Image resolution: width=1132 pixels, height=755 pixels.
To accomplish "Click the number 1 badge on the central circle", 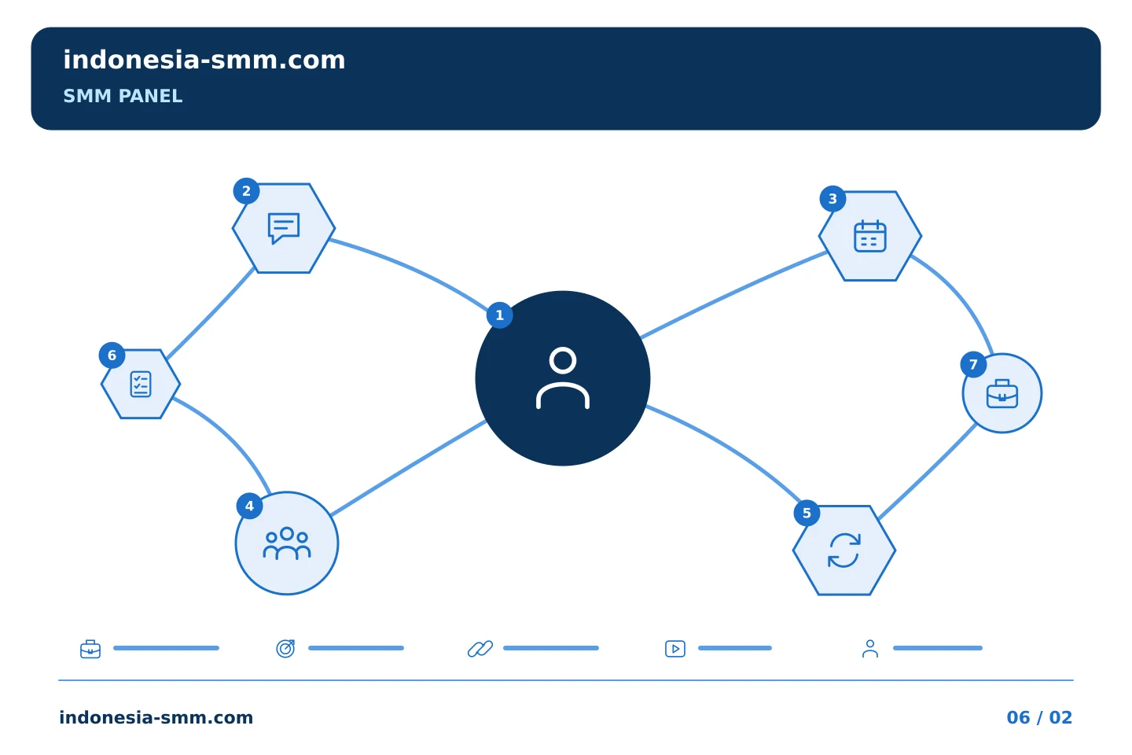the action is [x=499, y=315].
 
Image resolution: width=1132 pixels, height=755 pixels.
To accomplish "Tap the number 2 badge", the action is [x=246, y=191].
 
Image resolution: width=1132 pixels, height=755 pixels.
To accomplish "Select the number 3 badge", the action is [x=832, y=199].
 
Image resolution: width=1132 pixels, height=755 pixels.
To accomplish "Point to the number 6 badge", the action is [x=112, y=355].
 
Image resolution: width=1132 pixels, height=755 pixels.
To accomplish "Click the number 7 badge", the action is [x=973, y=365].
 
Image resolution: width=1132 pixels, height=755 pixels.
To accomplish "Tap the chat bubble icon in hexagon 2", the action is [x=284, y=228].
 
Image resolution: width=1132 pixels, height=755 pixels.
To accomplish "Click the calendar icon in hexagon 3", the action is [x=869, y=236].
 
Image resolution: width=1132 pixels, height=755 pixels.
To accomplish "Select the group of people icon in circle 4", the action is [x=286, y=543].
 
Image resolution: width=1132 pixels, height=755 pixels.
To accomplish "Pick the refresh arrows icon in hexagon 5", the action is [x=844, y=551].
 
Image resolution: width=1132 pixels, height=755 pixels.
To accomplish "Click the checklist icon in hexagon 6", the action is [x=141, y=384].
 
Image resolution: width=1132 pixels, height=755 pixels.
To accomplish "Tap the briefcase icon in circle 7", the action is [x=1002, y=393].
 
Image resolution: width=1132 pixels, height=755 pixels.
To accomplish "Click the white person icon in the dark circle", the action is [x=563, y=377].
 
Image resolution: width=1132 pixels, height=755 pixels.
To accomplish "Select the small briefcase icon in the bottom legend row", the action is [x=90, y=649].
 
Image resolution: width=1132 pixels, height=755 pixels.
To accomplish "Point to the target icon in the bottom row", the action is [x=285, y=648].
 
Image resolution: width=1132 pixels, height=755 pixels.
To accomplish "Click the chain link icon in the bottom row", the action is [x=480, y=648].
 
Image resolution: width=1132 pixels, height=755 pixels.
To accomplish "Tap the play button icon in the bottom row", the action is [x=675, y=649].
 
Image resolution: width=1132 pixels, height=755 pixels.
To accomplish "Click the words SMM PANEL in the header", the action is [x=123, y=96].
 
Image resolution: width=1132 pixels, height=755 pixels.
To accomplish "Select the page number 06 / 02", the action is [x=1039, y=717].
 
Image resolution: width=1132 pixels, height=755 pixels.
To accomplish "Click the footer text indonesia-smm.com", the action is [x=156, y=717].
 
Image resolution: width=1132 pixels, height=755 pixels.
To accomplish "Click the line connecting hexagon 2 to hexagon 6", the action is [x=211, y=314].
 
